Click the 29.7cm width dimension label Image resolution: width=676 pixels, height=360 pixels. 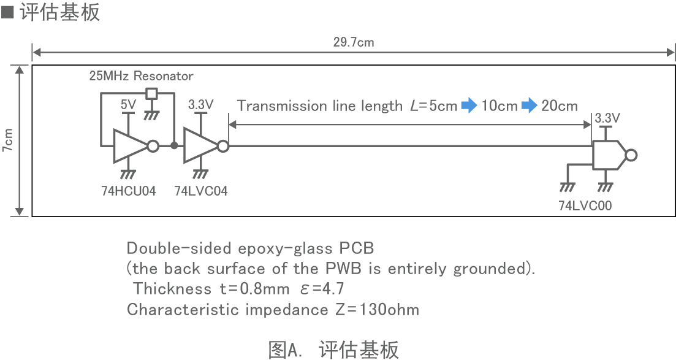pyautogui.click(x=354, y=42)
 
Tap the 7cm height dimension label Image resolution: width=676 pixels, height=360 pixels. pyautogui.click(x=9, y=140)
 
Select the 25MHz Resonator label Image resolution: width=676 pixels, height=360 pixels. pyautogui.click(x=141, y=76)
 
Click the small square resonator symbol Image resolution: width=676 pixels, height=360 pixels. pyautogui.click(x=151, y=94)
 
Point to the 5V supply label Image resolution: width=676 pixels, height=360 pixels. pyautogui.click(x=128, y=104)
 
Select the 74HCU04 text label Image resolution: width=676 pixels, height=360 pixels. pyautogui.click(x=129, y=191)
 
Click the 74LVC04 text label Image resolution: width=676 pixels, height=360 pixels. pyautogui.click(x=200, y=191)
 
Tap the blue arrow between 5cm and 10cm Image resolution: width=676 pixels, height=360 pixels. pyautogui.click(x=469, y=106)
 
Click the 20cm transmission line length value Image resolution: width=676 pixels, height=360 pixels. pyautogui.click(x=560, y=106)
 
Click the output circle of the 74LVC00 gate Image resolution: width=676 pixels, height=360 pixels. pyautogui.click(x=632, y=155)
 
